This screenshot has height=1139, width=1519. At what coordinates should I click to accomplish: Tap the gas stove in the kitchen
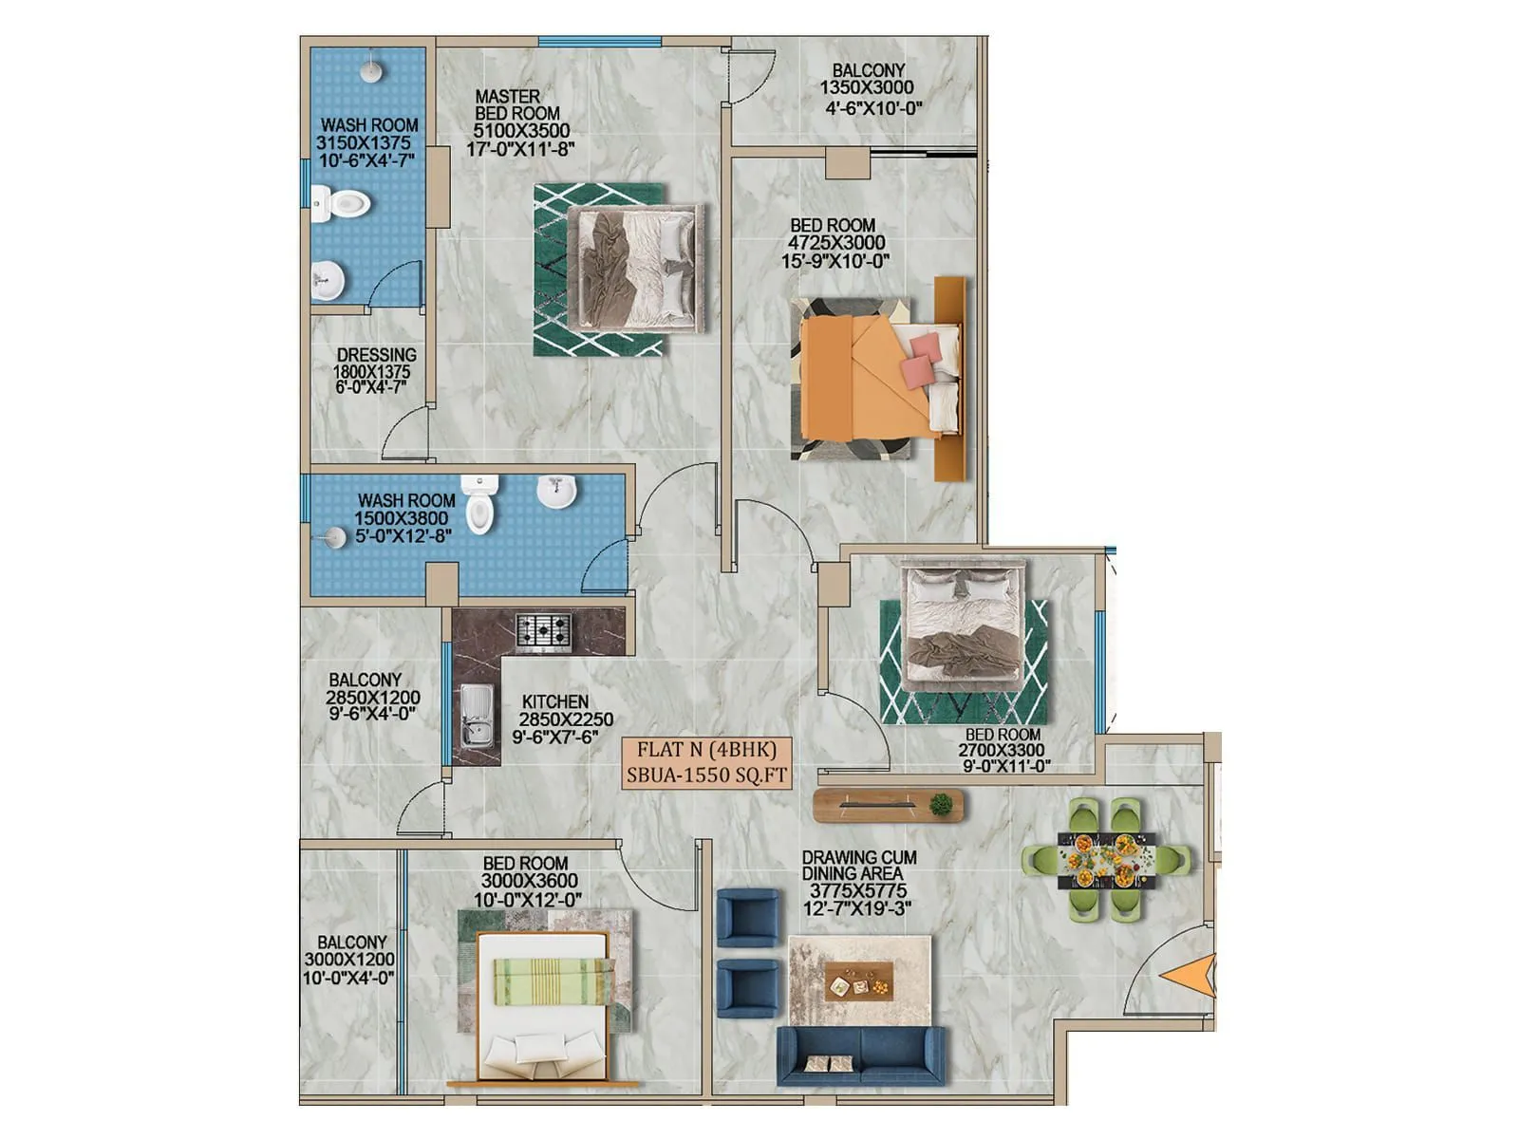point(544,632)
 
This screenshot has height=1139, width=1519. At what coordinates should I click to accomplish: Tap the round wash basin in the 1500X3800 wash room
point(556,492)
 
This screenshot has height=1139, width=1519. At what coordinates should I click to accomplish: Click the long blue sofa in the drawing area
point(860,1055)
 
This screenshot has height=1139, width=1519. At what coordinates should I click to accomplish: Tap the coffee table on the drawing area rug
point(859,981)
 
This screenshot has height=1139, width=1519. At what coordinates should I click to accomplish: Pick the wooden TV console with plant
point(889,806)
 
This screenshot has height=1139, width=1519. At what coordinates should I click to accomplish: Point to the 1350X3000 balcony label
point(869,88)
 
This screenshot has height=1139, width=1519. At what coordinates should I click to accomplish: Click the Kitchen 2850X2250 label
point(561,719)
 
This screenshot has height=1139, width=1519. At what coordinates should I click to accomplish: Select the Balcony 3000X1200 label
point(350,960)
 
